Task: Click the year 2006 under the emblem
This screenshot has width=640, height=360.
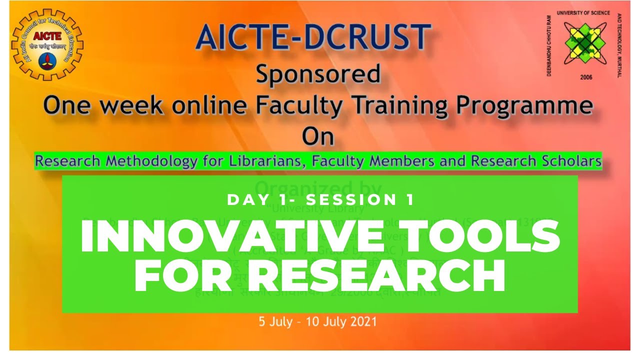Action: click(x=585, y=77)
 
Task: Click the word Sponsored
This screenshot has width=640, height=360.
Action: click(x=318, y=75)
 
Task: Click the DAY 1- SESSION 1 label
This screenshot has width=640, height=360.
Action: click(x=320, y=200)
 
